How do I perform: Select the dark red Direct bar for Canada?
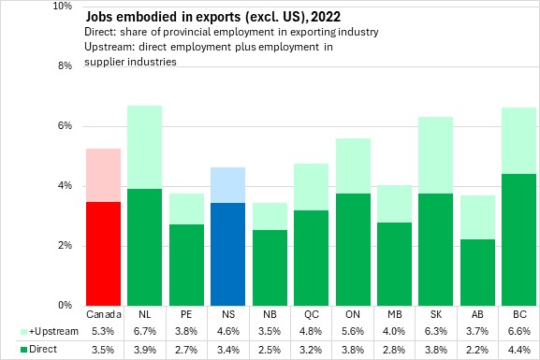(x=103, y=253)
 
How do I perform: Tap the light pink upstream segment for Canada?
(x=103, y=176)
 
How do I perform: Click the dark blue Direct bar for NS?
(x=228, y=254)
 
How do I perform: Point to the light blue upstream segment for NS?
(x=228, y=185)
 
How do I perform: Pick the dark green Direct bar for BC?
(x=519, y=239)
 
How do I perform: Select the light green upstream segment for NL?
(x=145, y=148)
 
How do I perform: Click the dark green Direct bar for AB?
(x=477, y=273)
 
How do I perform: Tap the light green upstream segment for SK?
(x=436, y=155)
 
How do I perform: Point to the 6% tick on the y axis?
(x=65, y=125)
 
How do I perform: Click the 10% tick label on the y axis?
(x=63, y=6)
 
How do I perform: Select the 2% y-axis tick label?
(x=65, y=245)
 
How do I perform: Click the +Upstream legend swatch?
(x=23, y=332)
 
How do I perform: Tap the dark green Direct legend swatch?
(x=23, y=350)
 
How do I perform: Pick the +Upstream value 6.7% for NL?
(x=145, y=331)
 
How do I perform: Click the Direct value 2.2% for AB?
(x=477, y=350)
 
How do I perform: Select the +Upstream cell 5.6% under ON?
(x=353, y=331)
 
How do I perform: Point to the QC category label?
(x=312, y=314)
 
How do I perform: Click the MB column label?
(x=394, y=314)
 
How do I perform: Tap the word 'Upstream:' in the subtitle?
(x=109, y=47)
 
